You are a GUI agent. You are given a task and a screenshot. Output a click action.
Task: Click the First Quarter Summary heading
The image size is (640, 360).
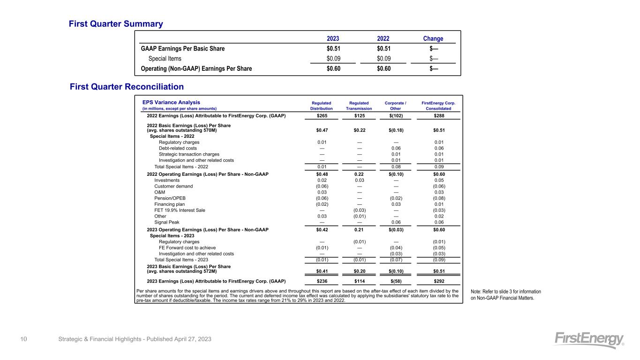(116, 23)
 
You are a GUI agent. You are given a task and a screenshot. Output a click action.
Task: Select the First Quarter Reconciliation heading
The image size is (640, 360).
(127, 87)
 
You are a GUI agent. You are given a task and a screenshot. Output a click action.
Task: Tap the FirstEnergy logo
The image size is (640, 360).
(589, 340)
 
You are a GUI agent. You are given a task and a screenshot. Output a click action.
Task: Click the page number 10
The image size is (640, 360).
(23, 339)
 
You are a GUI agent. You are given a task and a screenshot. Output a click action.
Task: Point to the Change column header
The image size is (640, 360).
(433, 38)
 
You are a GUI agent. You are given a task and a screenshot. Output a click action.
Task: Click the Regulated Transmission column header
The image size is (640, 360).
(359, 105)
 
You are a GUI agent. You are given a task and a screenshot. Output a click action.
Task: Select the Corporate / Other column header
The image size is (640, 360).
(395, 105)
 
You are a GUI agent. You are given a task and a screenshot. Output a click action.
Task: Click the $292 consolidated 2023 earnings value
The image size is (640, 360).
(439, 281)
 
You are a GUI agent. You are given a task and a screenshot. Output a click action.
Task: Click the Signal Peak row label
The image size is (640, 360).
(166, 222)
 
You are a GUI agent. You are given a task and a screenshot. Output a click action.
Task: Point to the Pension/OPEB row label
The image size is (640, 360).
(169, 198)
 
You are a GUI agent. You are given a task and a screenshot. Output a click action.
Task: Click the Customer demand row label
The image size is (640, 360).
(173, 186)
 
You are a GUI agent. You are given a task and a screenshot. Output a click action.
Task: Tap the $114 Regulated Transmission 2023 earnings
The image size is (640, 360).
(359, 281)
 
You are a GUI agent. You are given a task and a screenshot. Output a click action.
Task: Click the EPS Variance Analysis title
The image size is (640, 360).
(171, 102)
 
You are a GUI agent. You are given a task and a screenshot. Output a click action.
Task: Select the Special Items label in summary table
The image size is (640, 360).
(165, 59)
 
